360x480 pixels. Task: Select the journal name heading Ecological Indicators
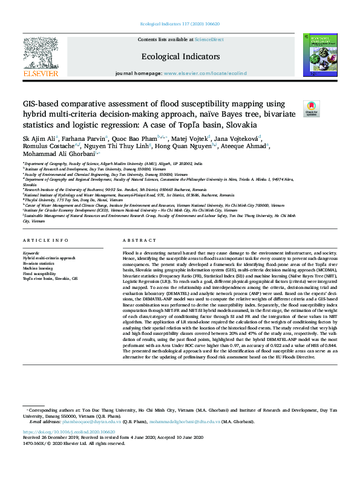(180, 56)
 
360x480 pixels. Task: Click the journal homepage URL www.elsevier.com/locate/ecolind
(213, 73)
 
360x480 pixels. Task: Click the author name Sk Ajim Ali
(39, 138)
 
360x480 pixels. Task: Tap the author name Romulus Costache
(48, 147)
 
